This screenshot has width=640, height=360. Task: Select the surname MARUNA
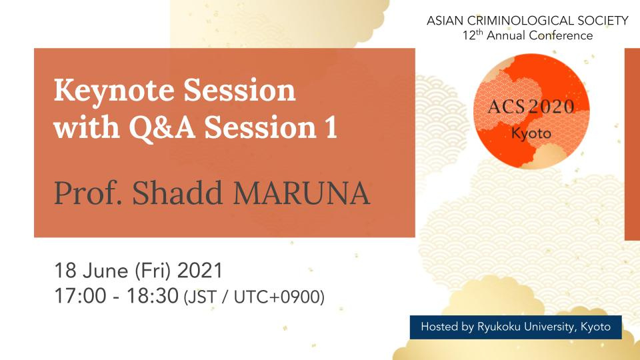[301, 193]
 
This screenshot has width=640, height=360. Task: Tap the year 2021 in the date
[200, 271]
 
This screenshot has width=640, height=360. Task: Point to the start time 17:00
[81, 296]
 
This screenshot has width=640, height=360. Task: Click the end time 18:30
[152, 296]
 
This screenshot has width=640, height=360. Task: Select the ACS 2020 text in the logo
[531, 107]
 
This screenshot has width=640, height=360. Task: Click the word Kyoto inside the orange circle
[531, 133]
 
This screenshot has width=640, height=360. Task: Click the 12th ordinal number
[473, 35]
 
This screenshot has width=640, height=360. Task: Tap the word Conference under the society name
[561, 35]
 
